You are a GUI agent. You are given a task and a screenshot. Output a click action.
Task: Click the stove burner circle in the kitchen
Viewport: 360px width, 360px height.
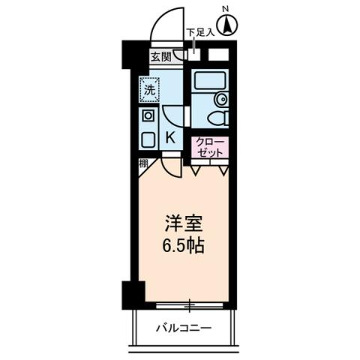[x=147, y=116]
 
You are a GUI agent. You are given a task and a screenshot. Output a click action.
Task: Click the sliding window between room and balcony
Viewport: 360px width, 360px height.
[x=190, y=305]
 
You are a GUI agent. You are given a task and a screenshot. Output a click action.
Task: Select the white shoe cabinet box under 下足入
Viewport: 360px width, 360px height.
[x=219, y=55]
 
